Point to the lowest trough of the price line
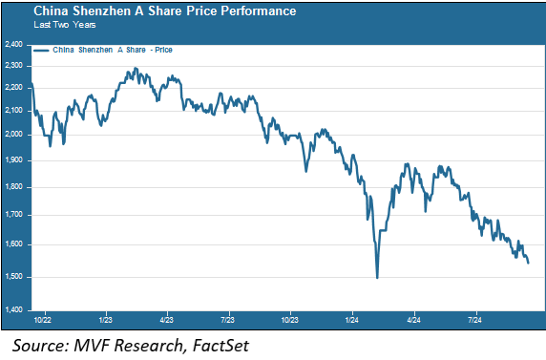pyautogui.click(x=377, y=277)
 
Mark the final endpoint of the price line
pyautogui.click(x=529, y=263)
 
